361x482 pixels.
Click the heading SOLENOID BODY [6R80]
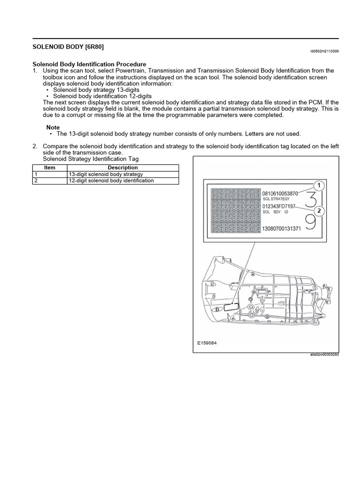(x=68, y=47)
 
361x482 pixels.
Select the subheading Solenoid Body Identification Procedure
(x=89, y=64)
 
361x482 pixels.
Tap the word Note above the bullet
(x=53, y=128)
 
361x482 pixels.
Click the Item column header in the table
(x=49, y=168)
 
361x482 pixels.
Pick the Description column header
(x=123, y=168)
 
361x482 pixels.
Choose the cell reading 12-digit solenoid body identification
(x=111, y=180)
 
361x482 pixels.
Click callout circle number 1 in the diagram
(x=319, y=186)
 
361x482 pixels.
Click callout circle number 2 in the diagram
(x=319, y=211)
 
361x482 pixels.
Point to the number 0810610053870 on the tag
(x=287, y=193)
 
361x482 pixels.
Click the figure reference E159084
(x=207, y=343)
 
